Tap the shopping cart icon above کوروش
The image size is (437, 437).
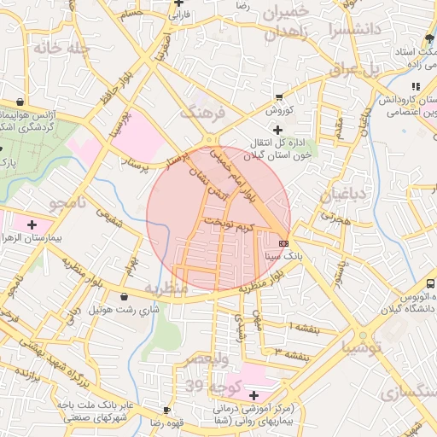coord(278,96)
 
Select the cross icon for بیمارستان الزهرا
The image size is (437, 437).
coord(32,225)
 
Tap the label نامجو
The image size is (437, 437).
coord(67,204)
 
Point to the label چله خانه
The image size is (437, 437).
coord(61,48)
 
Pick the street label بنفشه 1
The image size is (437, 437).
coord(306,327)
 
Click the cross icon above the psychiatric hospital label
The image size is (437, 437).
coord(253,395)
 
